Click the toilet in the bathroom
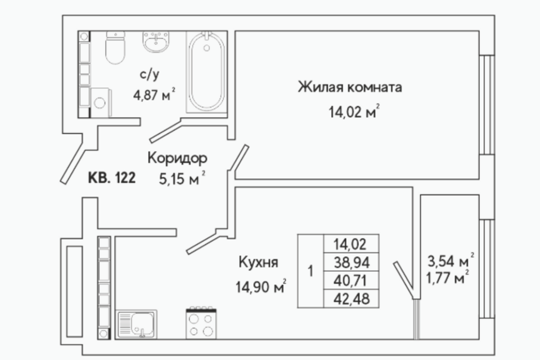[x=115, y=48]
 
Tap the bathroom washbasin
[x=156, y=42]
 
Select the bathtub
[x=206, y=72]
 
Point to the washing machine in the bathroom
[x=101, y=102]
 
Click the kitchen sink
[x=137, y=324]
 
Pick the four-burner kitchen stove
[x=201, y=323]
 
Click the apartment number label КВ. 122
[x=112, y=178]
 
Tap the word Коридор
[x=177, y=158]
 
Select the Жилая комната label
[x=350, y=87]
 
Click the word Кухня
[x=258, y=262]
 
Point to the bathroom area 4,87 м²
[x=154, y=94]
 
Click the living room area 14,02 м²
[x=354, y=111]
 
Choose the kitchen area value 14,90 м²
[x=260, y=286]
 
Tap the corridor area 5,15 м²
[x=182, y=178]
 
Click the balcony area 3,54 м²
[x=451, y=261]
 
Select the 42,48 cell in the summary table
[x=351, y=299]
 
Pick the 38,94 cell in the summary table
[x=351, y=262]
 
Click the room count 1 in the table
[x=310, y=271]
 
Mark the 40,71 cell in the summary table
[x=351, y=281]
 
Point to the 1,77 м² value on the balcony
[x=447, y=277]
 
